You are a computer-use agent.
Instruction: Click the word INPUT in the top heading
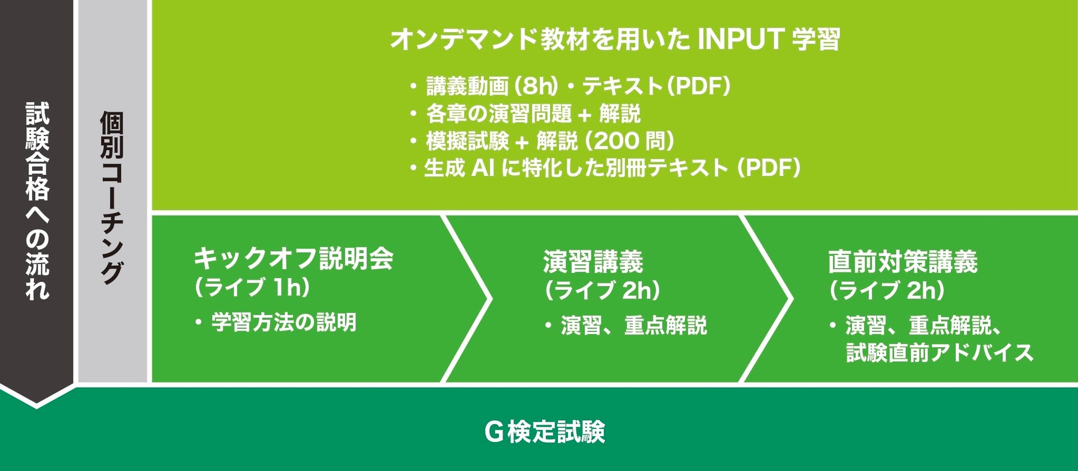[740, 39]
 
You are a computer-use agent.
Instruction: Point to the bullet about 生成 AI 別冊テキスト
[605, 168]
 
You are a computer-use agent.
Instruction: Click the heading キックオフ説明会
[294, 258]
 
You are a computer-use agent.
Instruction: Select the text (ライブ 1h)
[251, 288]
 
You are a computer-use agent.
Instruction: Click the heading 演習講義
[593, 261]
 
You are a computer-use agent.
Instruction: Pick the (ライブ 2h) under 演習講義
[602, 291]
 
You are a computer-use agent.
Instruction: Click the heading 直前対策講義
[903, 261]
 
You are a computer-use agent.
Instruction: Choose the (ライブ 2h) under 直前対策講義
[887, 291]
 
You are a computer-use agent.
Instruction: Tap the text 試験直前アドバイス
[940, 353]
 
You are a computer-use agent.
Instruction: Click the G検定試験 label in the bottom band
[545, 432]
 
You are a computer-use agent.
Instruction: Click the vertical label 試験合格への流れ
[37, 201]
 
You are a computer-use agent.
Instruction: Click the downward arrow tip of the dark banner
[36, 408]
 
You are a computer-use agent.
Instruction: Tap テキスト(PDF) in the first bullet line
[657, 86]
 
